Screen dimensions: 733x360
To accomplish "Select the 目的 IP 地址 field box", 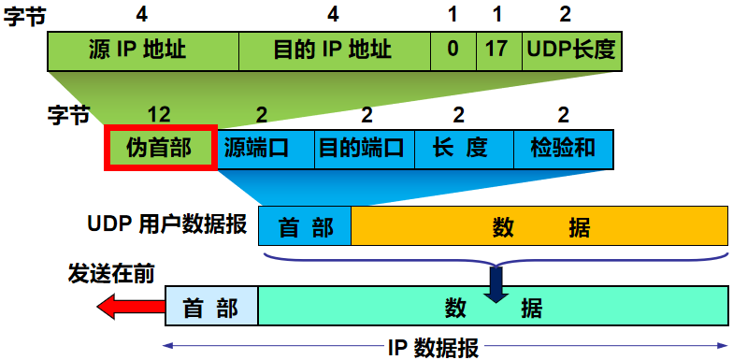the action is click(335, 50).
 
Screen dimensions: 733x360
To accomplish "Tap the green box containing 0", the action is click(453, 50).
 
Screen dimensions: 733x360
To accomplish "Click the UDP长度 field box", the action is click(570, 50).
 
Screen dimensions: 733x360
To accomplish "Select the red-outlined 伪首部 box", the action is click(160, 148).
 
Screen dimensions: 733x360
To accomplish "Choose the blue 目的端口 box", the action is click(361, 149).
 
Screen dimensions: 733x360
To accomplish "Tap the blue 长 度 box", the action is click(460, 149).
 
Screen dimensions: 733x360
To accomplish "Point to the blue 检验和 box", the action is click(563, 149).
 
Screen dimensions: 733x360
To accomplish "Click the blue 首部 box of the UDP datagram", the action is click(305, 227).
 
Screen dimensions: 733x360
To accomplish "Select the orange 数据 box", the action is click(539, 227).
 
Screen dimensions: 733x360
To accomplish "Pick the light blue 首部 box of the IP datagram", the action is click(211, 307).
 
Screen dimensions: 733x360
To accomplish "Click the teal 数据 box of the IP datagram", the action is click(493, 307).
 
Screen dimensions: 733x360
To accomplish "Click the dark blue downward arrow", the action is click(496, 284).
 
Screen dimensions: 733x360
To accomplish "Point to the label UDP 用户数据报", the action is click(167, 225).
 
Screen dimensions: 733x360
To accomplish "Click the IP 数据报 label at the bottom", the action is click(432, 349).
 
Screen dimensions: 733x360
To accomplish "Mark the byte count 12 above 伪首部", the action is click(159, 115).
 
